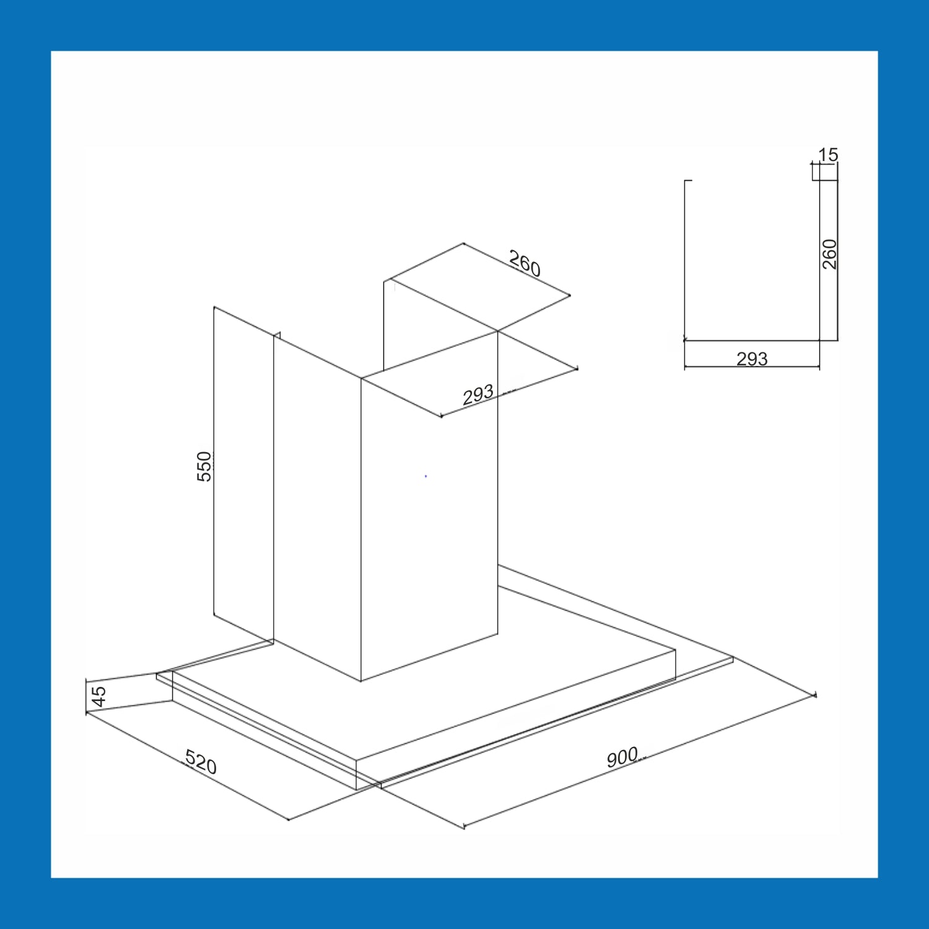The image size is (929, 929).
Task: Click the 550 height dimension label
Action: click(204, 466)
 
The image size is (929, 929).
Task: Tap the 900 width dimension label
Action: click(622, 757)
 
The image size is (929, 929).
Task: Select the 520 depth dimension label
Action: click(201, 762)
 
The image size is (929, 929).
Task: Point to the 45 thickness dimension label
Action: click(98, 696)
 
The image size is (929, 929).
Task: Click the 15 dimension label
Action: click(828, 154)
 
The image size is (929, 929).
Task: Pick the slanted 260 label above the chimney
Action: click(525, 263)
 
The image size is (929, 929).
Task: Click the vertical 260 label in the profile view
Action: click(829, 254)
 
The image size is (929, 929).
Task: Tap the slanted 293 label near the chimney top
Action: click(478, 395)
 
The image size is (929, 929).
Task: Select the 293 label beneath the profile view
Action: click(752, 359)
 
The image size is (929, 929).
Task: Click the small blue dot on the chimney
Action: click(425, 476)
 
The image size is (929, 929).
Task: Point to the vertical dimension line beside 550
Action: click(214, 461)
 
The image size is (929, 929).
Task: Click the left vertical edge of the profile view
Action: click(684, 260)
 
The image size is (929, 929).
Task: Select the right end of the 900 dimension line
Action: click(816, 695)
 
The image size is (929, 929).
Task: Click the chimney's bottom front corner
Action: click(361, 681)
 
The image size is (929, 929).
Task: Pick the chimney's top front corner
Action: click(361, 378)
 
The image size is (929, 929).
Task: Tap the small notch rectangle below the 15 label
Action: click(816, 172)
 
